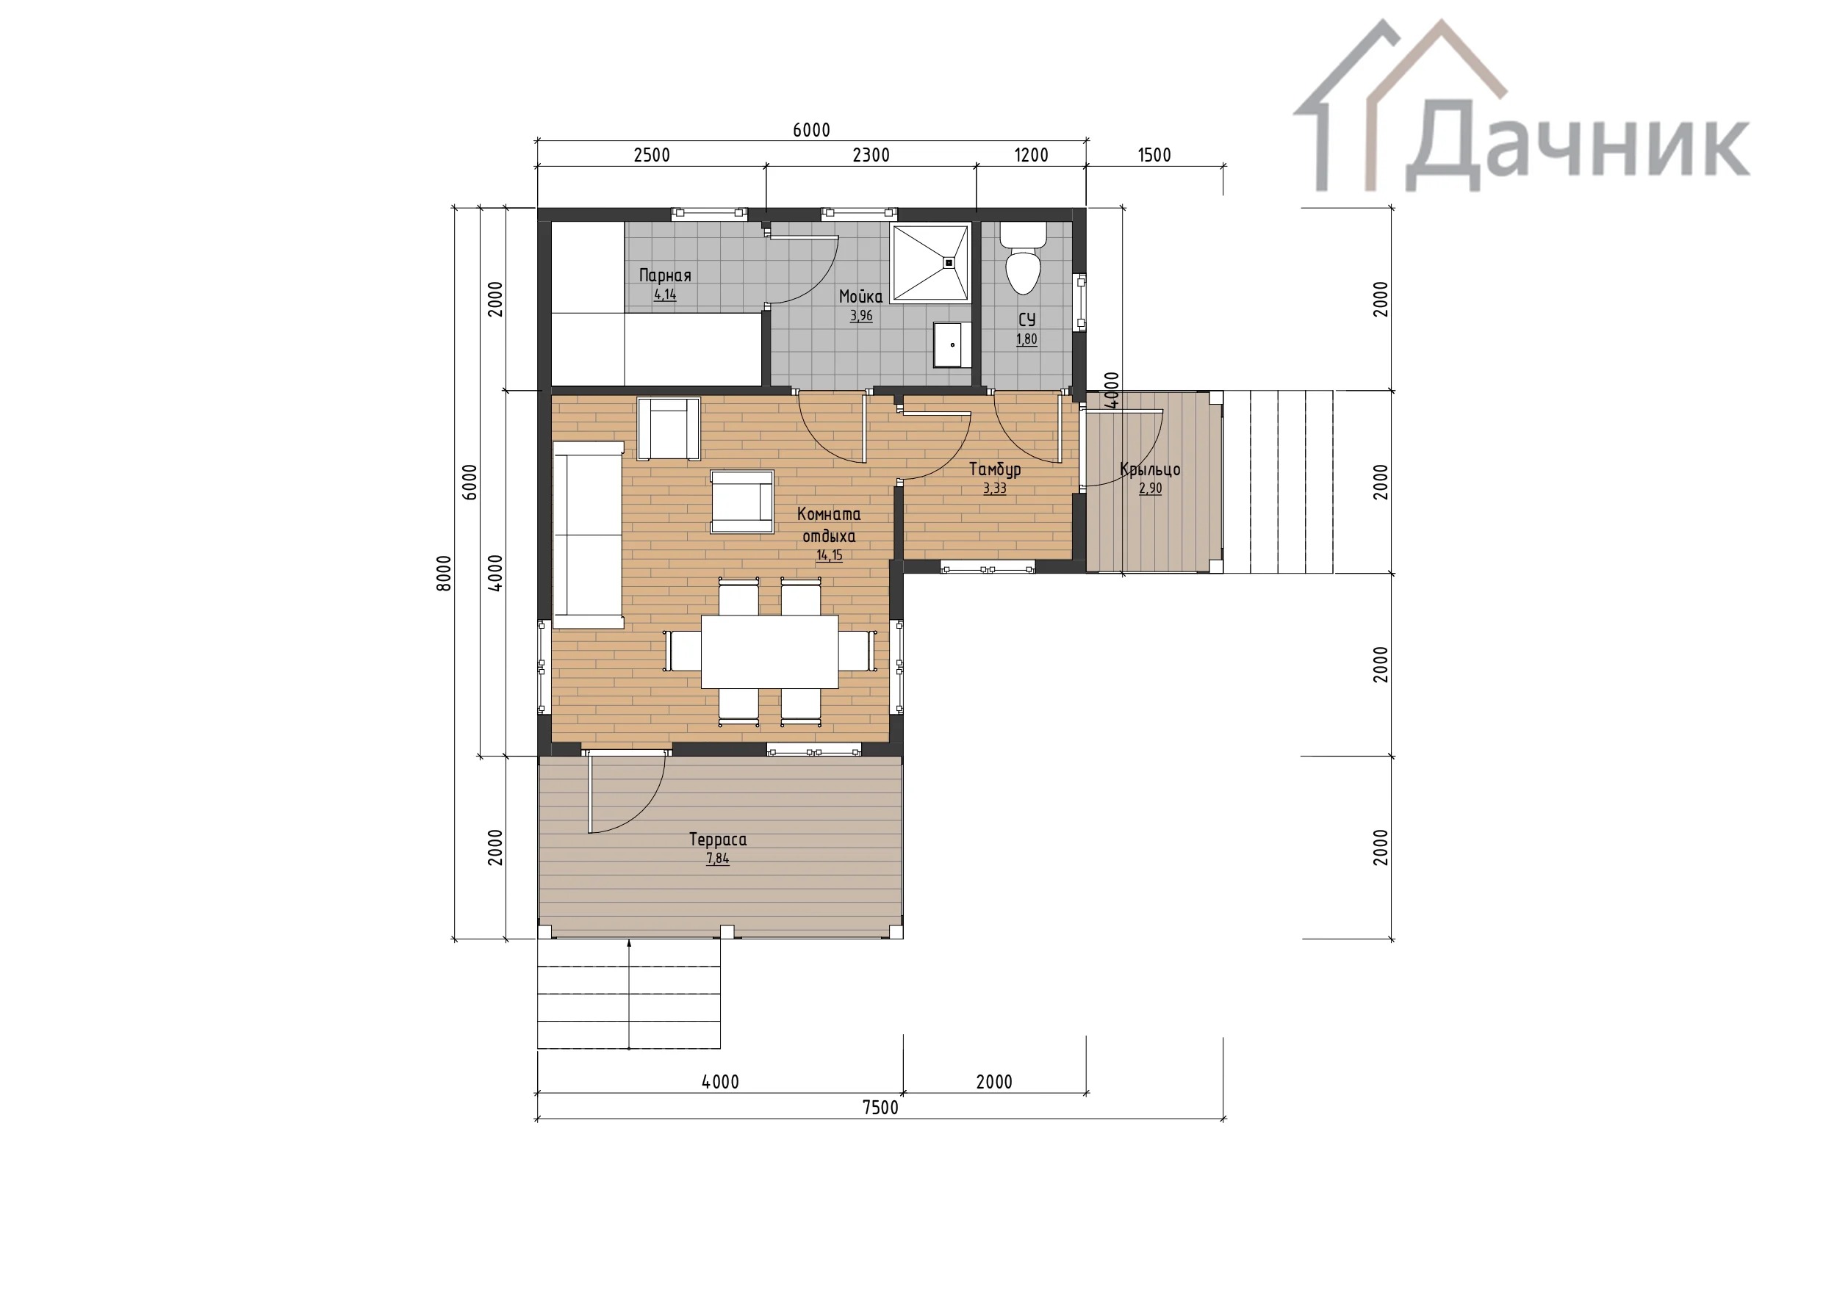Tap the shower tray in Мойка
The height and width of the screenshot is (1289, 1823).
point(930,262)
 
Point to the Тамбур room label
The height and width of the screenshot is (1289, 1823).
point(995,469)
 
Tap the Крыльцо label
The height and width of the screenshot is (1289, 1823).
point(1150,469)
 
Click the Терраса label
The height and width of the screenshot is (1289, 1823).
point(718,839)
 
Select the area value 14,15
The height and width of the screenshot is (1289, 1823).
point(830,555)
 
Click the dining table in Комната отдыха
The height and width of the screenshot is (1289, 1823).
point(769,651)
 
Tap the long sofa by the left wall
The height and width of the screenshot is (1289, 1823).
point(589,535)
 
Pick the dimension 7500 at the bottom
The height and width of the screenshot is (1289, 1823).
point(880,1108)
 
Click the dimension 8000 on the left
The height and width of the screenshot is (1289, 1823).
point(445,573)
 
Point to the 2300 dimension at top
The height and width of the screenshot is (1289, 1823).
point(871,155)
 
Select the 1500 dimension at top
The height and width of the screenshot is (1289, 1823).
point(1154,155)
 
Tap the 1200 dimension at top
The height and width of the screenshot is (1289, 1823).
point(1032,155)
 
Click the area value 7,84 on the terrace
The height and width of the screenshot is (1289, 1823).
point(718,858)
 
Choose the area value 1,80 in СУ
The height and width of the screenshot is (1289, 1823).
point(1026,339)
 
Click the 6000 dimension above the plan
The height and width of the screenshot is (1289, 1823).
point(811,130)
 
